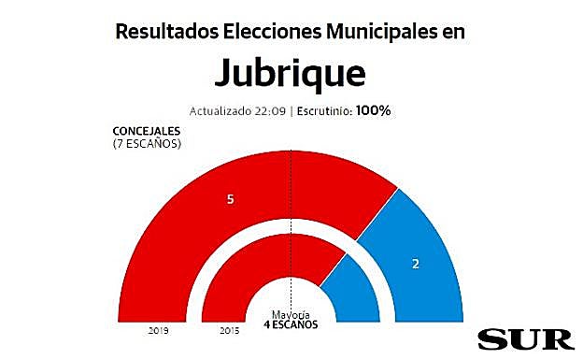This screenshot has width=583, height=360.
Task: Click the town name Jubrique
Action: [291, 72]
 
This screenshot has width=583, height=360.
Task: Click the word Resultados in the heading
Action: [167, 31]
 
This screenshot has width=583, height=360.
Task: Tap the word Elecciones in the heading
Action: [274, 31]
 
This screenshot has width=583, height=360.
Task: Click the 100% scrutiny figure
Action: [372, 110]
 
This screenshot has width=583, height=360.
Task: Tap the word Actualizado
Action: [220, 110]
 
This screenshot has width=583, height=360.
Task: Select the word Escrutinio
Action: [321, 110]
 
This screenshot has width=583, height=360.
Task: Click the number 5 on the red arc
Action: [230, 200]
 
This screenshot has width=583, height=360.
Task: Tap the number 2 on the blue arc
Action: [415, 265]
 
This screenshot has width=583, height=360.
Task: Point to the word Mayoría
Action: [291, 314]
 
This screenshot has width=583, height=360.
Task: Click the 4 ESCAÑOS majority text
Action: [291, 324]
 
